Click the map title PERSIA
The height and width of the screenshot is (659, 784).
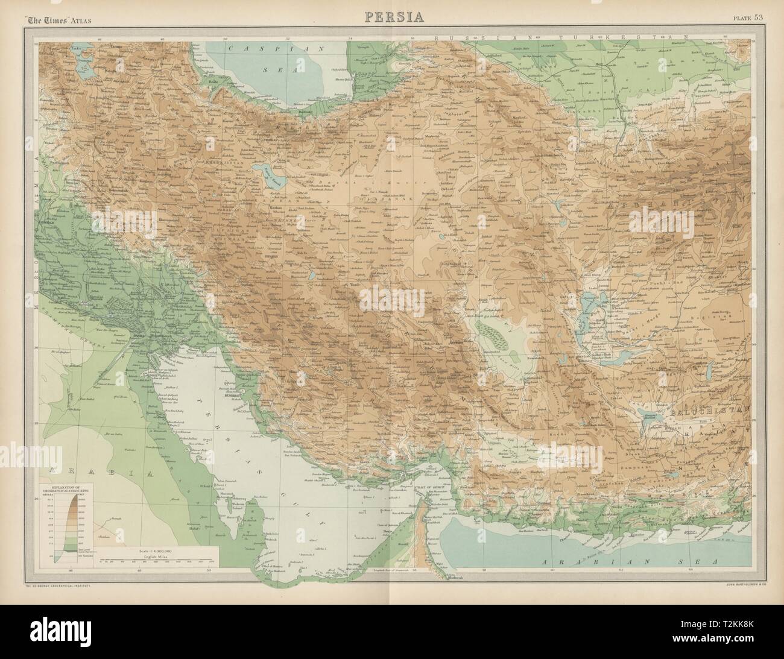click(x=392, y=16)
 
